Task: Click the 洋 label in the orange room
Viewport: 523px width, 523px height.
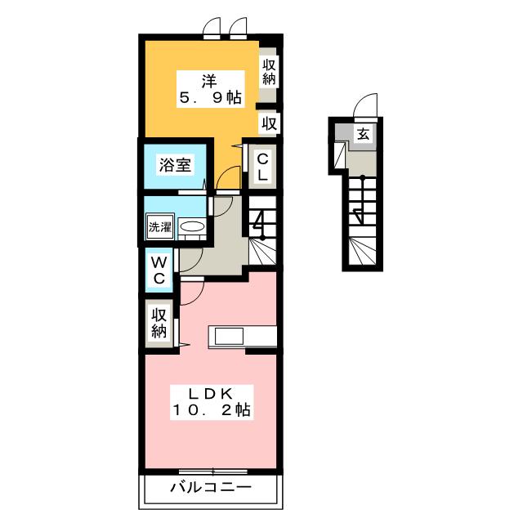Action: [209, 79]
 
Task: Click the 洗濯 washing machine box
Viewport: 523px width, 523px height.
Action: [160, 227]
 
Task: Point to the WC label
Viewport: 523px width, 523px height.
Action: [159, 270]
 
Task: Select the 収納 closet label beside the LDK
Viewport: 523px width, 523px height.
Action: [159, 323]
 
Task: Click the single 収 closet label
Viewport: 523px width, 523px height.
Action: [269, 123]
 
